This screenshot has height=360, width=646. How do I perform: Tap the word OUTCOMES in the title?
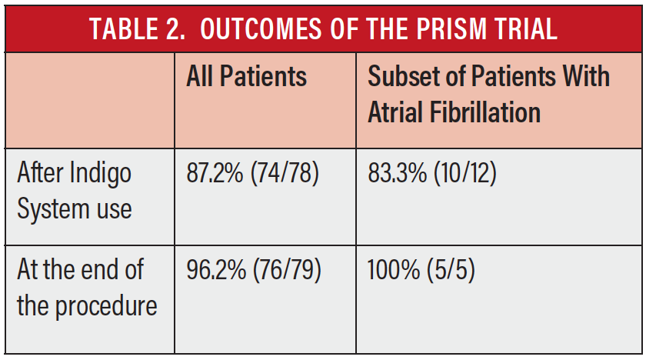point(261,28)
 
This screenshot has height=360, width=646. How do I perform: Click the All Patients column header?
point(246,76)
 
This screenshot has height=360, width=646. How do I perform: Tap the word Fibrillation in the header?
point(485,112)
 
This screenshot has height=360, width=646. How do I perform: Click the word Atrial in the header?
point(395,112)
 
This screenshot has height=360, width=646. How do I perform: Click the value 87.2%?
point(215,173)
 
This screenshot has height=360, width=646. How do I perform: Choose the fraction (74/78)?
point(285,173)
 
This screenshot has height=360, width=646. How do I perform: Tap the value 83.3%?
point(397,173)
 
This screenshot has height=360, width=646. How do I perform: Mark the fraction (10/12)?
point(465,173)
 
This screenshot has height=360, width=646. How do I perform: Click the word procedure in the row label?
point(106,307)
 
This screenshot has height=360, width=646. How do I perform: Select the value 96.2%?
point(216,270)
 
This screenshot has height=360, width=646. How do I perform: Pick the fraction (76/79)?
point(287,271)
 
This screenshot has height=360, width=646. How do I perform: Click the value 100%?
point(394,270)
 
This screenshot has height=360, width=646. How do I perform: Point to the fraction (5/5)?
point(451,271)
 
